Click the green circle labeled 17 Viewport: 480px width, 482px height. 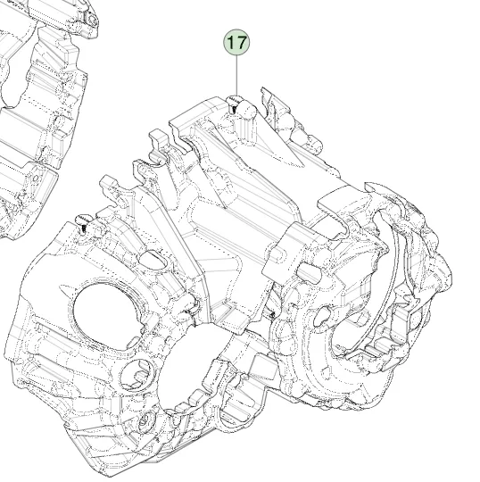(x=236, y=43)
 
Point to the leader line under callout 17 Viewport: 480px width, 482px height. (x=236, y=76)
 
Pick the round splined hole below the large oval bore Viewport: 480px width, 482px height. (x=137, y=374)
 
